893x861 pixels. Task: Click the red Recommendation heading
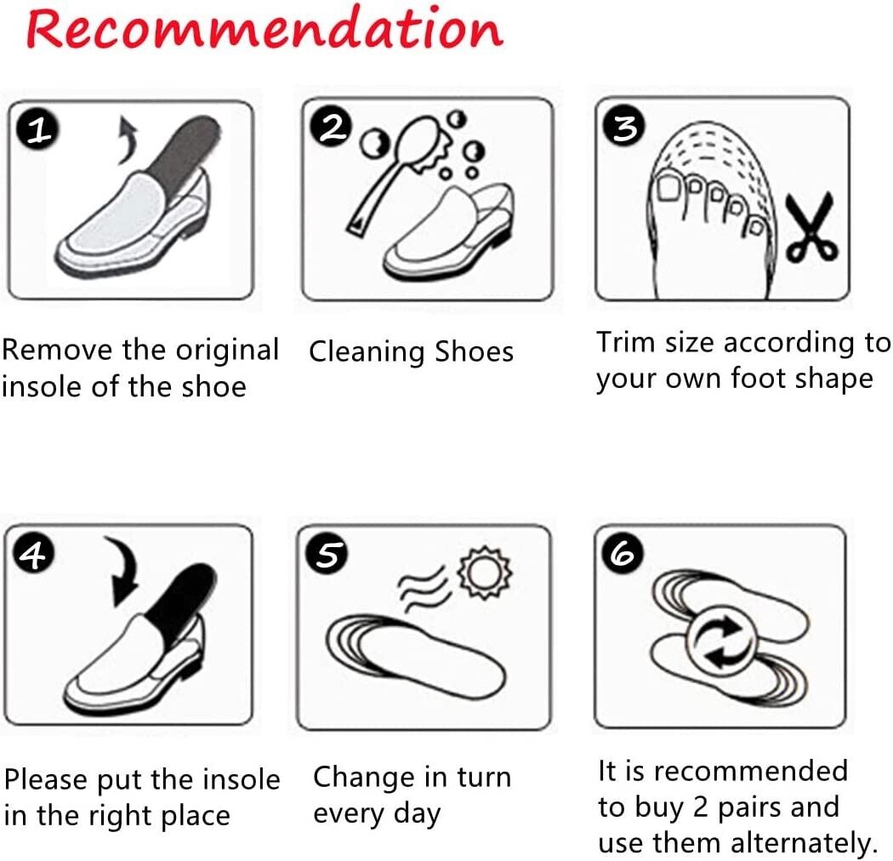pos(264,30)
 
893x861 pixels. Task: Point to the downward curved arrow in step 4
pos(128,571)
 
